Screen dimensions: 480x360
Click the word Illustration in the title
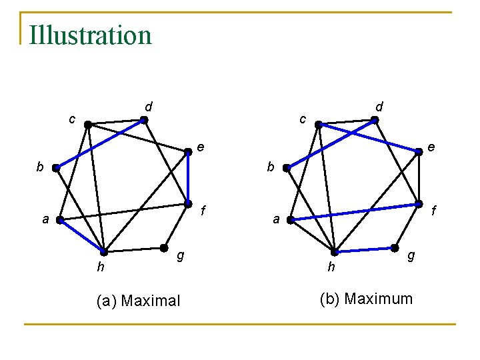[x=91, y=35]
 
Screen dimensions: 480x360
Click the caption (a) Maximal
[x=138, y=301]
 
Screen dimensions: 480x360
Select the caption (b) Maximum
[x=366, y=299]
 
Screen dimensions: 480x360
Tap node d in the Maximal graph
[x=144, y=121]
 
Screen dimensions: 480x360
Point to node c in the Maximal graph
[x=88, y=125]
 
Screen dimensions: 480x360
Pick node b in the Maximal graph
[x=56, y=169]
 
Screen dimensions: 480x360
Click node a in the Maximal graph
[x=59, y=220]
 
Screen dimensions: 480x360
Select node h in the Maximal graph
[x=103, y=252]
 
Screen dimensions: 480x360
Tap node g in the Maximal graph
[x=163, y=247]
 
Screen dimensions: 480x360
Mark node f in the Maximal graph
[x=188, y=204]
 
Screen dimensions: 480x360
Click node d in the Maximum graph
[x=375, y=121]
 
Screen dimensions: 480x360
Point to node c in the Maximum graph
[x=319, y=125]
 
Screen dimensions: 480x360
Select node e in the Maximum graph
[x=419, y=152]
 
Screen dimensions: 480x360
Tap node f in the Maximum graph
[x=419, y=204]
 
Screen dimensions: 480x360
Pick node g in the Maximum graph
[x=394, y=247]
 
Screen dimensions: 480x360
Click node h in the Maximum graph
[x=335, y=252]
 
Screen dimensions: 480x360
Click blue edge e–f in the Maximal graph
[x=188, y=178]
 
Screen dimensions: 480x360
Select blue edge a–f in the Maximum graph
[x=354, y=212]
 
